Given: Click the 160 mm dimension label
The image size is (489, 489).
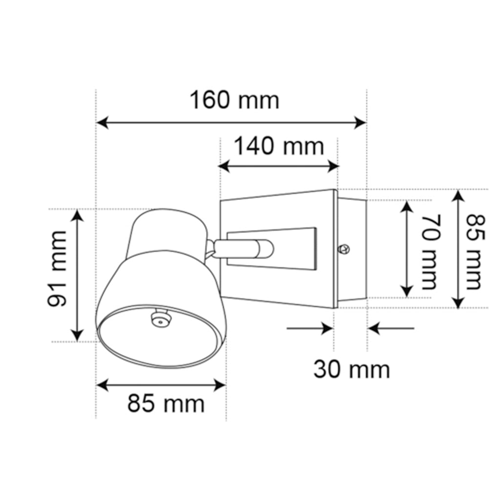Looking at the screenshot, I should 234,100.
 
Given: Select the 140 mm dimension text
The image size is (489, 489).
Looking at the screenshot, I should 279,146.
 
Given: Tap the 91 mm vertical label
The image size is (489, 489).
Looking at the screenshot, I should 57,268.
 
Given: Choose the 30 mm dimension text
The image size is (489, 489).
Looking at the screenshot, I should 352,369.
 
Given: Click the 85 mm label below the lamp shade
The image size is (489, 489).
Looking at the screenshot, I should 166,404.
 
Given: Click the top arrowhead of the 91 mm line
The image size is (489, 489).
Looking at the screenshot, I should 77,214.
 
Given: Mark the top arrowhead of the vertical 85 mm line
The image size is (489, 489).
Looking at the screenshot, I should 458,196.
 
